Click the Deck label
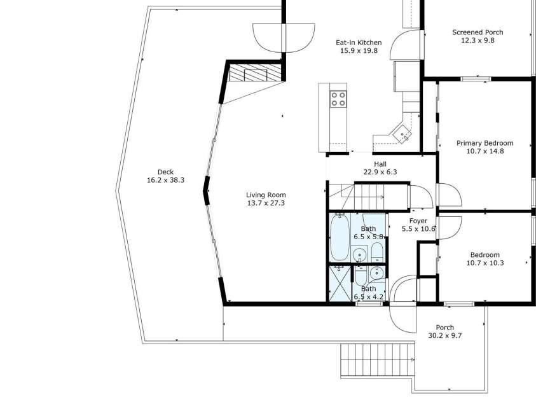165,172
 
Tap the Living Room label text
266,195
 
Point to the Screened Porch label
477,32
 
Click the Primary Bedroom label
484,143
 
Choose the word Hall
380,163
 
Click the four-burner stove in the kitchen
338,99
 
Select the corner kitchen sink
402,134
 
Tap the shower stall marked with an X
340,283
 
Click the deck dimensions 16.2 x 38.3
165,180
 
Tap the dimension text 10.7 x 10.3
484,263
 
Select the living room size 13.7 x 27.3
266,204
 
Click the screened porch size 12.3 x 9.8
477,40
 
